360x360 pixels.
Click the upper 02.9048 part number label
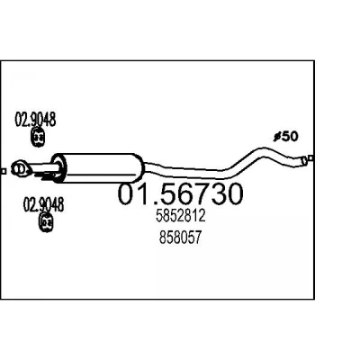click(x=35, y=120)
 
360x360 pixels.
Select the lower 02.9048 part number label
click(x=43, y=204)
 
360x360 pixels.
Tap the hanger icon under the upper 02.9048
click(x=38, y=137)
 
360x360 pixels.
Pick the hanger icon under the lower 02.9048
click(x=46, y=222)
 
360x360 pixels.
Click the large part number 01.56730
click(x=180, y=194)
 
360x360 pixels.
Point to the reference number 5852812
click(x=181, y=215)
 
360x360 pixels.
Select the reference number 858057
click(x=180, y=238)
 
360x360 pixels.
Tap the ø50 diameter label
click(x=286, y=137)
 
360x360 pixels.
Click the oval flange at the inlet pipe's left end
click(x=21, y=167)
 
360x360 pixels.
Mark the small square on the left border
click(x=4, y=171)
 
